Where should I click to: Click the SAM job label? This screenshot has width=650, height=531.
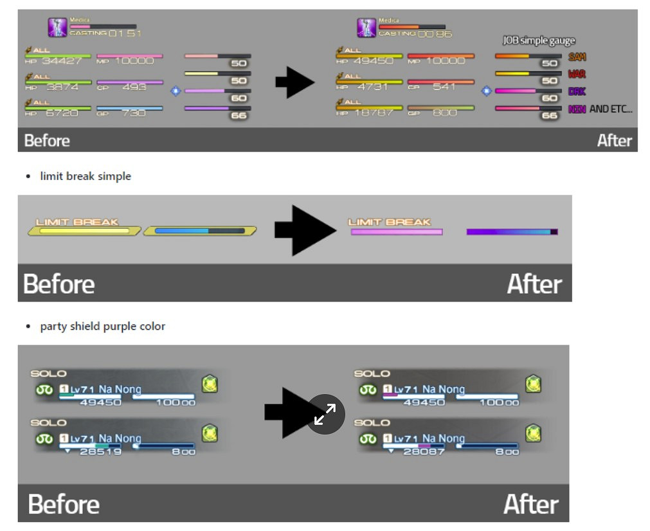coord(577,57)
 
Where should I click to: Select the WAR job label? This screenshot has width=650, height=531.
coord(577,75)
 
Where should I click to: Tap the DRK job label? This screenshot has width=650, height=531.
coord(577,92)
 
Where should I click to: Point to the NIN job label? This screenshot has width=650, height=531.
coord(577,109)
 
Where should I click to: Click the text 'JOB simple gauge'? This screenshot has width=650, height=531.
coord(538,40)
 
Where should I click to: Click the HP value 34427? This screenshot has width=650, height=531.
coord(62,62)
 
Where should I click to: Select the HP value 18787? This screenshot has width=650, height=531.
coord(373,113)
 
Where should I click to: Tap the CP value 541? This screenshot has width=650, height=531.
coord(444,87)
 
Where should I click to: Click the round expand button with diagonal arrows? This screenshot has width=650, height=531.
coord(325,415)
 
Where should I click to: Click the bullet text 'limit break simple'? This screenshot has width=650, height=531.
coord(86,176)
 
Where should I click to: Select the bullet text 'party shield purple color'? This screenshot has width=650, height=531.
coord(103,327)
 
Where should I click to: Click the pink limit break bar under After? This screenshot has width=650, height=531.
coord(396,231)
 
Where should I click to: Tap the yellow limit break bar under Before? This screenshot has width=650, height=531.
coord(84,230)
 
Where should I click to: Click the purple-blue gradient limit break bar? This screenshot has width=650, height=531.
coord(512,231)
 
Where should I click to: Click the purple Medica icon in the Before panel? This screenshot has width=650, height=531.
coord(57,28)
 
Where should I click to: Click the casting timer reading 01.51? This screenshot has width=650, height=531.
coord(125,33)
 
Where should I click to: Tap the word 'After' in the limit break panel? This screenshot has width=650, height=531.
coord(533,283)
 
